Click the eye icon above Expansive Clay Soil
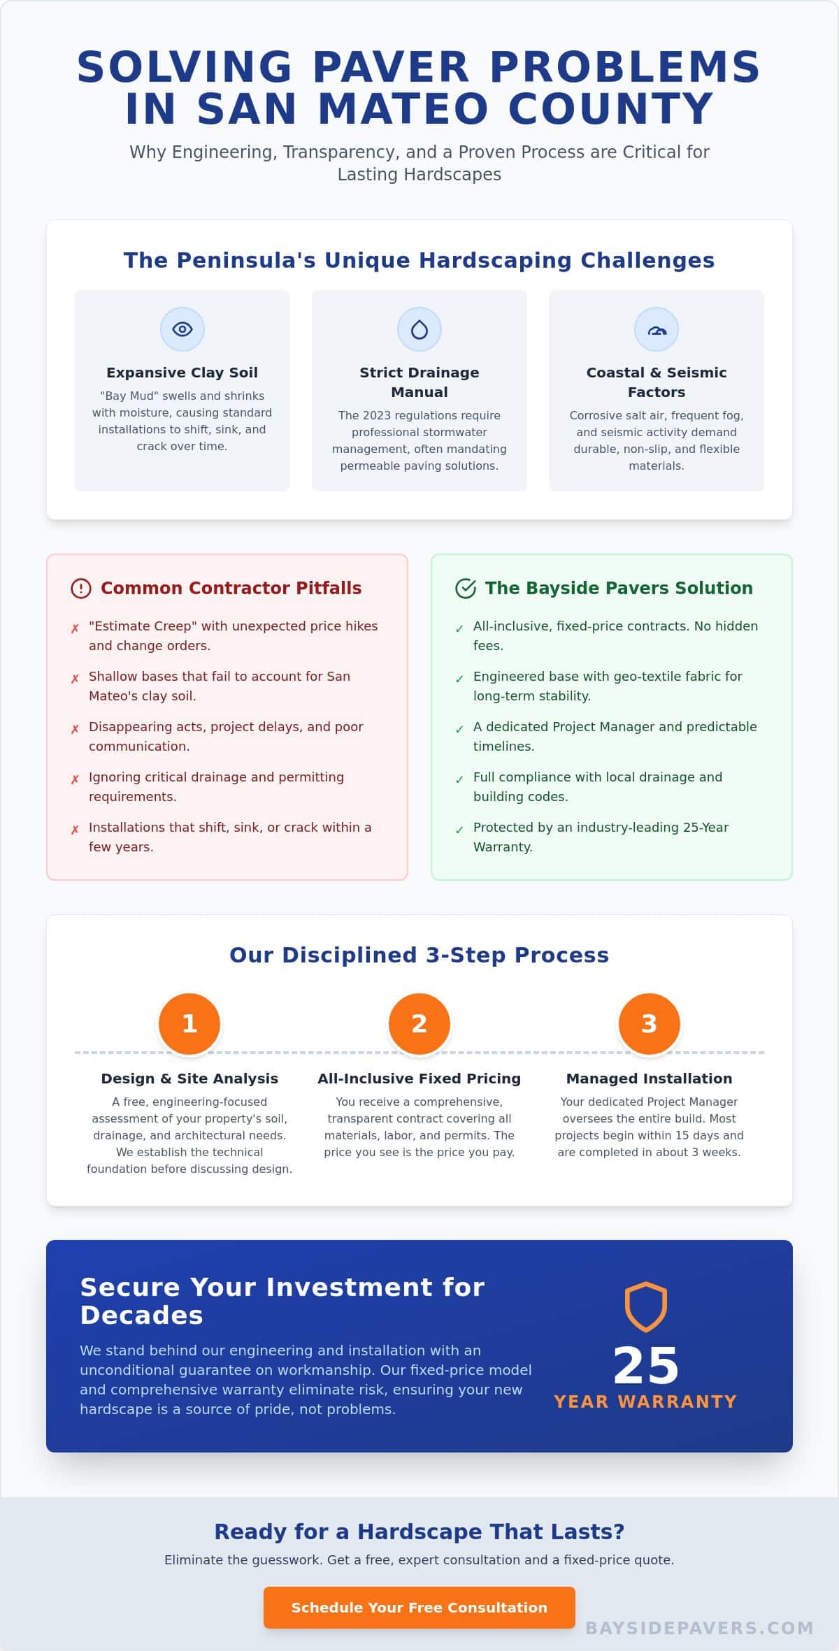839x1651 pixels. click(x=182, y=329)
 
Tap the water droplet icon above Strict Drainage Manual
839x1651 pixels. click(x=419, y=329)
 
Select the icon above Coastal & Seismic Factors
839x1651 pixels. click(x=657, y=330)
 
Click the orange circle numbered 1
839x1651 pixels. click(x=189, y=1023)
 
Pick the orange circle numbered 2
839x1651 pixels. click(x=419, y=1023)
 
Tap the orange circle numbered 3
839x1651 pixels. click(x=650, y=1023)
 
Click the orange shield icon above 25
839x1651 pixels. click(x=646, y=1306)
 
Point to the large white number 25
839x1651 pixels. click(x=646, y=1366)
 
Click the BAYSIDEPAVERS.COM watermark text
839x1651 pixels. click(x=699, y=1629)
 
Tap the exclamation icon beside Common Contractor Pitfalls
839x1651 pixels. click(x=81, y=589)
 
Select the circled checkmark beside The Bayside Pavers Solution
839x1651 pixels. click(x=466, y=589)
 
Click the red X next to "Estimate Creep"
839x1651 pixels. click(x=75, y=629)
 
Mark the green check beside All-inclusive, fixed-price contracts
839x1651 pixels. click(x=459, y=629)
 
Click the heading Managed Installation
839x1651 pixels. click(x=650, y=1079)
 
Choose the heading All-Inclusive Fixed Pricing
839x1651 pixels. click(x=419, y=1079)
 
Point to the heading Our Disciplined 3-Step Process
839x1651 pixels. click(x=419, y=955)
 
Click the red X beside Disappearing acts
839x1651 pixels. click(x=75, y=730)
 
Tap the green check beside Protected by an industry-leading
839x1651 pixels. click(x=459, y=830)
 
